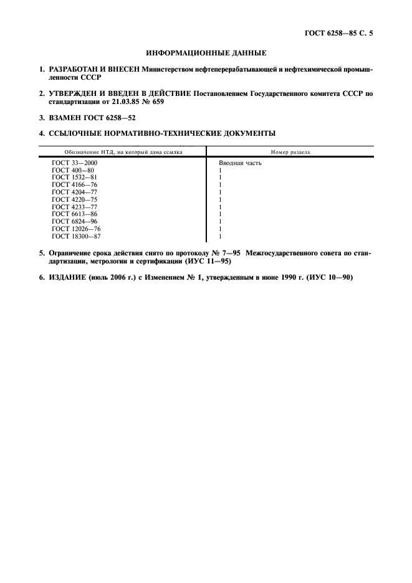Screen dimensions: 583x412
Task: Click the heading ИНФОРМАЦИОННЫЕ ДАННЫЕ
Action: click(206, 54)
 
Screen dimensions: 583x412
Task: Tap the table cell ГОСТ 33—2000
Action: click(75, 163)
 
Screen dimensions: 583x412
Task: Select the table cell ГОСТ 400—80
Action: click(73, 171)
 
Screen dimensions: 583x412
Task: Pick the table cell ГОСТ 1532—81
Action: click(75, 178)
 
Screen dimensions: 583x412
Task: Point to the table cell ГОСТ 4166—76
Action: click(75, 185)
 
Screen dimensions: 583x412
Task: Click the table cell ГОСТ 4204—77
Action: click(75, 192)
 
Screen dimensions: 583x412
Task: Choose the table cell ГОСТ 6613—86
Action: click(75, 214)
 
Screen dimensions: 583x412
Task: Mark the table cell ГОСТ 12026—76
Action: click(77, 229)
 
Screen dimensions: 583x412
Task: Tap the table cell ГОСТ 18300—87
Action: click(77, 237)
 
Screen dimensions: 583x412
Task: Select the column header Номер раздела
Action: click(290, 152)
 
